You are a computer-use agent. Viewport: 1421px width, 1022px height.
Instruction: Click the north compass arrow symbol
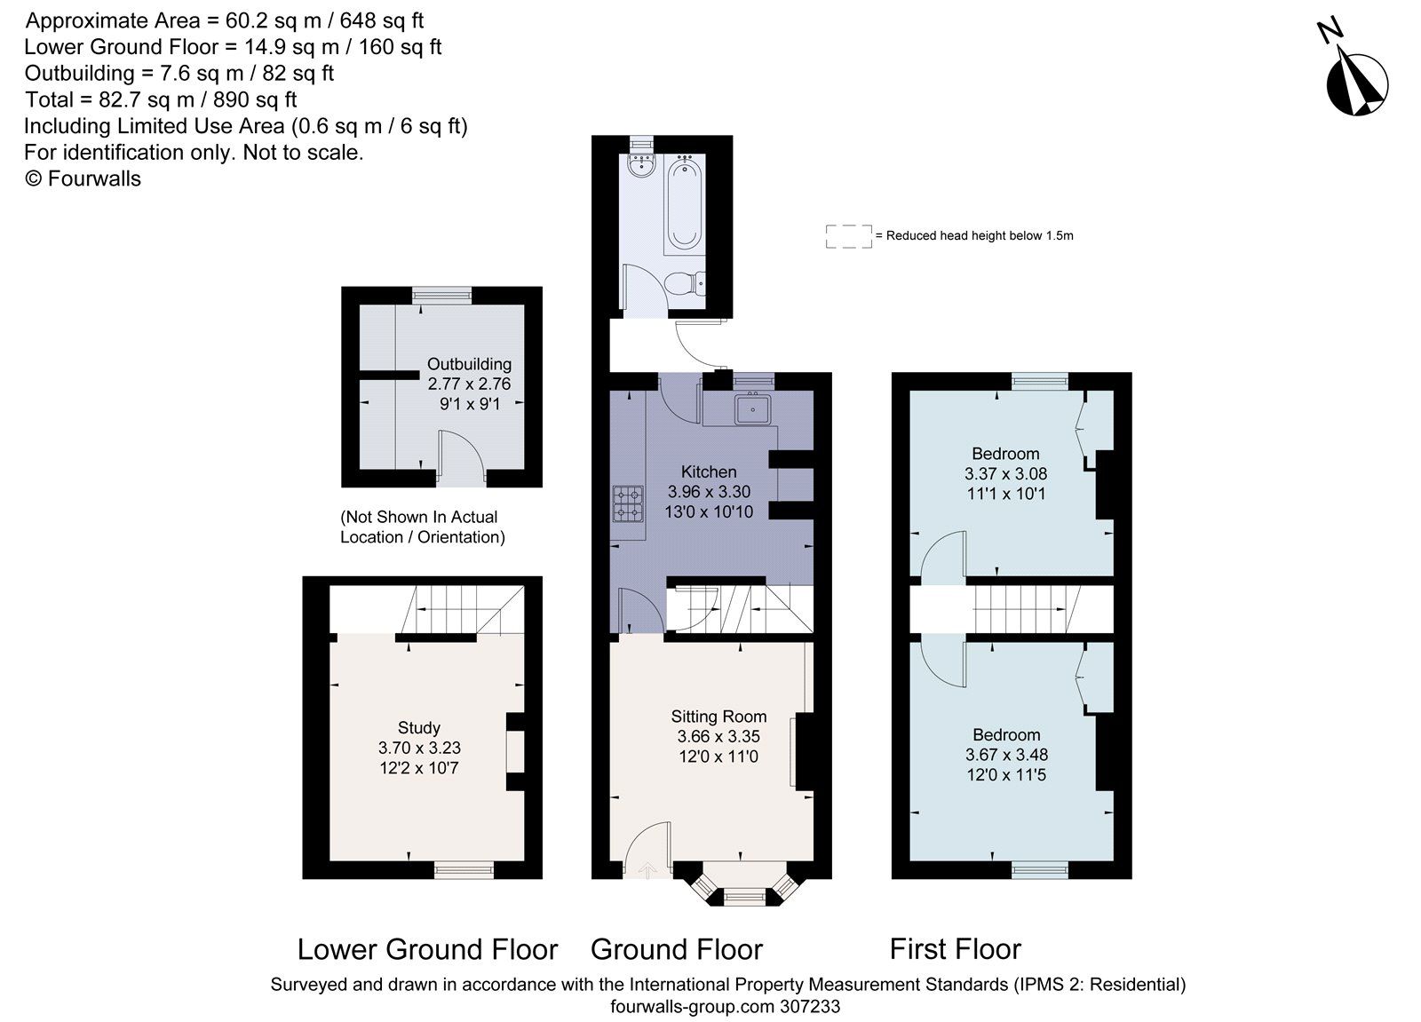1356,82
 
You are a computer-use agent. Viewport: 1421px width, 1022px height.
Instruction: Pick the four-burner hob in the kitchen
627,504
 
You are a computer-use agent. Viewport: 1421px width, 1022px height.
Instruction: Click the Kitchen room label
709,471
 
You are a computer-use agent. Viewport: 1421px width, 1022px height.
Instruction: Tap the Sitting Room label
718,717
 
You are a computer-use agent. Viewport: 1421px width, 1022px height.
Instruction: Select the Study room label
419,728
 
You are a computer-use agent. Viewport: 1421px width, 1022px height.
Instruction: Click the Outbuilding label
469,364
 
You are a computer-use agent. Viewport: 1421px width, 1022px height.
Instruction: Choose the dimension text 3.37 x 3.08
1005,474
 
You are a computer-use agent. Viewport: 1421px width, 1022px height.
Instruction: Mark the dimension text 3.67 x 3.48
1006,755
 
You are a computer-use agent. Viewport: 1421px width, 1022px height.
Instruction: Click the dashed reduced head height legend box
848,236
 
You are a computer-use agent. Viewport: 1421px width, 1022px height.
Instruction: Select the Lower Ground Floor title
427,949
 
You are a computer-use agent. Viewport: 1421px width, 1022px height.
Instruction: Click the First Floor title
955,949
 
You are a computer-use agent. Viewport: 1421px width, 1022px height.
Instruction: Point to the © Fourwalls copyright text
83,178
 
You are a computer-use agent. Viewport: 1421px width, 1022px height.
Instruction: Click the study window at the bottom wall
464,870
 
